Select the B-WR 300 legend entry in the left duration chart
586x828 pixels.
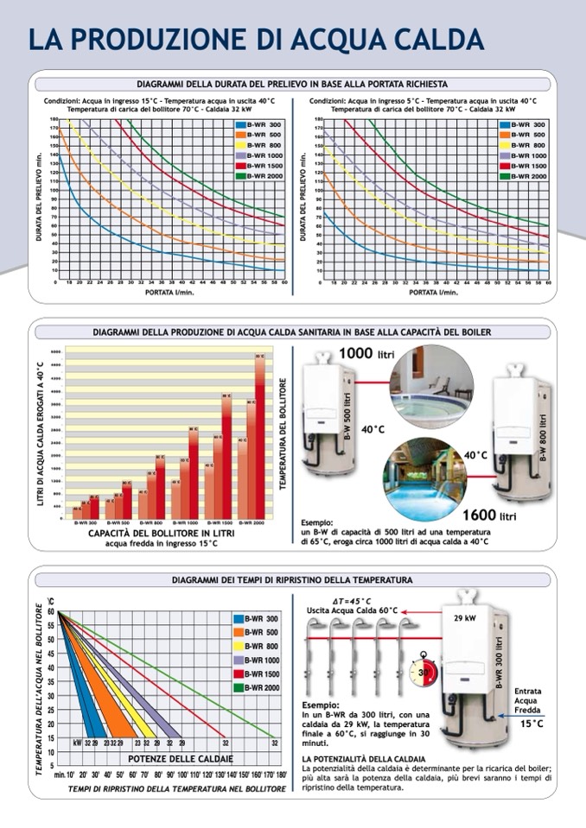259,125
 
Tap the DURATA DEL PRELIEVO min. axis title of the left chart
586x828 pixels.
39,200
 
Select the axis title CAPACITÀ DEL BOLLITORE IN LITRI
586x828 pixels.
161,534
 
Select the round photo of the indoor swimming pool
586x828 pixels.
424,476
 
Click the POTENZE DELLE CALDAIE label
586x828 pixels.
171,758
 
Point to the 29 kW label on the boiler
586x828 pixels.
465,618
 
